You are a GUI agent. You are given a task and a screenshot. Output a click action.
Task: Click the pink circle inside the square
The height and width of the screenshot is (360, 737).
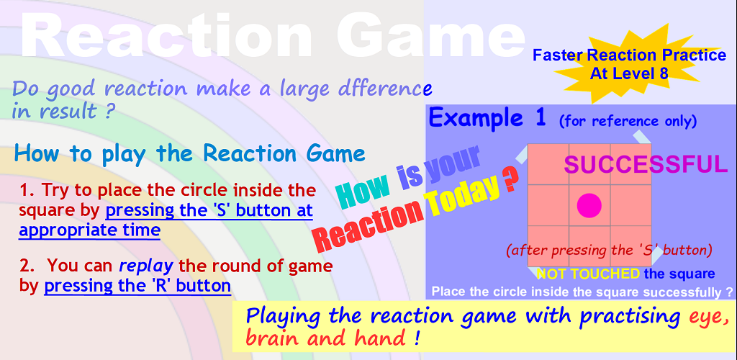tap(589, 205)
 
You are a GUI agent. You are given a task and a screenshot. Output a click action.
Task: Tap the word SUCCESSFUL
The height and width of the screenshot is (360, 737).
tap(646, 164)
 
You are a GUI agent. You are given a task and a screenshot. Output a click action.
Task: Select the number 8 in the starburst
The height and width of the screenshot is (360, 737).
tap(663, 73)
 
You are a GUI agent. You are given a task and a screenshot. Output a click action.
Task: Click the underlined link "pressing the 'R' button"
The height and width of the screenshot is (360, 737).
tap(137, 285)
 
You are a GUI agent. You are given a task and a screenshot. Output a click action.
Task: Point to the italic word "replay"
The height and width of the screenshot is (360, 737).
tap(146, 266)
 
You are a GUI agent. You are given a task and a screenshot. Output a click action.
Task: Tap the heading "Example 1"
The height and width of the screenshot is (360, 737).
tap(487, 118)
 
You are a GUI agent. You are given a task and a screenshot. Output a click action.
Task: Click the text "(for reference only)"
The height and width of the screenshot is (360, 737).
tap(628, 121)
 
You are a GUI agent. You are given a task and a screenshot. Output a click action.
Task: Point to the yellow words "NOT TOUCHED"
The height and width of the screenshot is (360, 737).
tap(588, 274)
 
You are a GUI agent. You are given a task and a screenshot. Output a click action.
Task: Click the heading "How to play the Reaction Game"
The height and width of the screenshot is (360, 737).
tap(190, 153)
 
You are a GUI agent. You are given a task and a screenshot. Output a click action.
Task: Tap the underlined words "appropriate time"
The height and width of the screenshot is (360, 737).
tap(89, 230)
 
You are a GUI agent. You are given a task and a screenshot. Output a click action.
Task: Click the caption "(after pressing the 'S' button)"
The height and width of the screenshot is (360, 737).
tap(609, 251)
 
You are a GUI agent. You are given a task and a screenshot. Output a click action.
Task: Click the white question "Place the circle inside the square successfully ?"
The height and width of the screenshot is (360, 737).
tap(582, 292)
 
